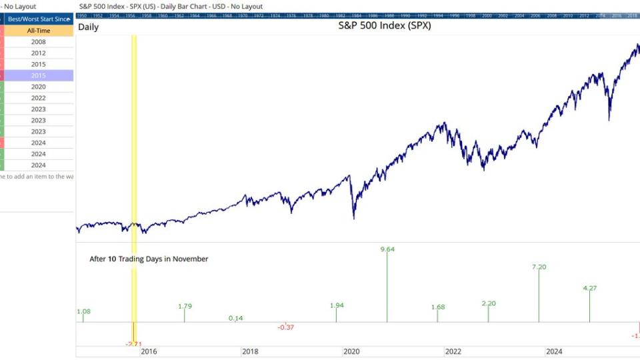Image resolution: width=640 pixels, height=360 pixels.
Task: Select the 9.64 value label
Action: (387, 249)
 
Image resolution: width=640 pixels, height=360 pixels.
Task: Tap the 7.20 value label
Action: (539, 267)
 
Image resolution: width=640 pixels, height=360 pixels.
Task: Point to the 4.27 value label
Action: (590, 288)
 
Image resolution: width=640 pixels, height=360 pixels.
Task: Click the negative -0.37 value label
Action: (286, 327)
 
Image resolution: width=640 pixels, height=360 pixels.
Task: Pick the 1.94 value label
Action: (337, 305)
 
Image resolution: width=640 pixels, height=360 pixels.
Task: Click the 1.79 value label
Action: (185, 306)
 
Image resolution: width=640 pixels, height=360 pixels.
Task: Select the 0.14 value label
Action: (235, 318)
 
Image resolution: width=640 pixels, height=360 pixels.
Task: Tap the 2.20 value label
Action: (489, 303)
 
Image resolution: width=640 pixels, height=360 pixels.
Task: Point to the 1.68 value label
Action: (438, 307)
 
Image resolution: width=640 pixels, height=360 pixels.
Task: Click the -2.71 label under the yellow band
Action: (133, 344)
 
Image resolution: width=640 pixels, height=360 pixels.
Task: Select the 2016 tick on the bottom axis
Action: (149, 351)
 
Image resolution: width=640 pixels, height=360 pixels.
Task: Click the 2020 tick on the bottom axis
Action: (351, 351)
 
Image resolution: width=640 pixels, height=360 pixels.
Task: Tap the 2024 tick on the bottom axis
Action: (554, 351)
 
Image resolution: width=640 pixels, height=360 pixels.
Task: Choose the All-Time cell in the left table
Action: (38, 31)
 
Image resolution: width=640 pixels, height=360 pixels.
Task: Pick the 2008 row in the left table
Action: (38, 42)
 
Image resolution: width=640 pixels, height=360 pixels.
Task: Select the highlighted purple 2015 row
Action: (38, 76)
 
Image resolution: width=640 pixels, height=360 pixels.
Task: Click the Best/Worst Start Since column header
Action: (38, 19)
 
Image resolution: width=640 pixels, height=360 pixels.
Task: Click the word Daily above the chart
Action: (89, 27)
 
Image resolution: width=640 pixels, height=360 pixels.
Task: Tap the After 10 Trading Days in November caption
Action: (149, 259)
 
